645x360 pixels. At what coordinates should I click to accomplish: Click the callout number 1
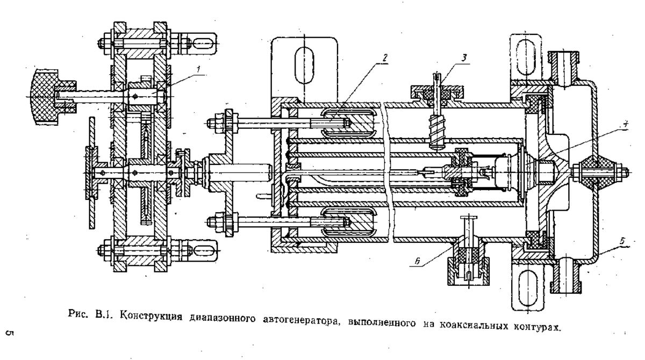(x=198, y=69)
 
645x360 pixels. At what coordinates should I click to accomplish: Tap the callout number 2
(x=385, y=57)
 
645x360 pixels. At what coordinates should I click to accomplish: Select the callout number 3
(x=464, y=58)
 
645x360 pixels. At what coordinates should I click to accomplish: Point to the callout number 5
(x=622, y=241)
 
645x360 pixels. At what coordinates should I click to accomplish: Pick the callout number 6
(x=418, y=261)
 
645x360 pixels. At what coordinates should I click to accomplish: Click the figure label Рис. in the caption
(x=78, y=313)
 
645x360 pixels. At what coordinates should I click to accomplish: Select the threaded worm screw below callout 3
(x=438, y=132)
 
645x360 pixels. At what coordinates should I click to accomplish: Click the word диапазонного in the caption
(x=223, y=319)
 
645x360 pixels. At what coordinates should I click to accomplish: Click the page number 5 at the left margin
(x=10, y=333)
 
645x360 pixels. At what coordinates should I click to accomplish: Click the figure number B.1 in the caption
(x=103, y=314)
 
